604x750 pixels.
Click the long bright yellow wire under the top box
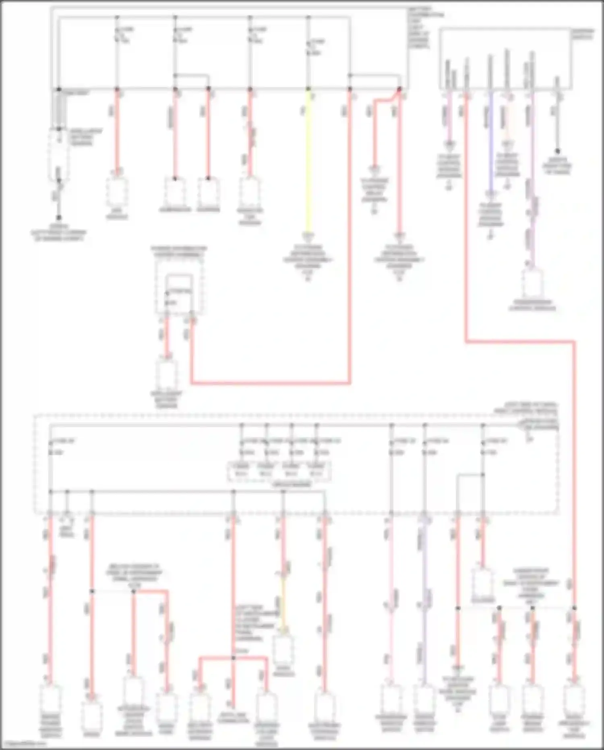coord(308,161)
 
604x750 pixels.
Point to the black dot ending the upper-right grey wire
coord(558,151)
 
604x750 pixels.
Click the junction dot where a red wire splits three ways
coord(233,658)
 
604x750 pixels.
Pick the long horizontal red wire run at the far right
coord(519,342)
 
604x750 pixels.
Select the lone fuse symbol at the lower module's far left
coord(51,447)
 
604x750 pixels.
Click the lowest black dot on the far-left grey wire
coord(59,218)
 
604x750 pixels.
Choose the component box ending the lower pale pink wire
coord(391,699)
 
